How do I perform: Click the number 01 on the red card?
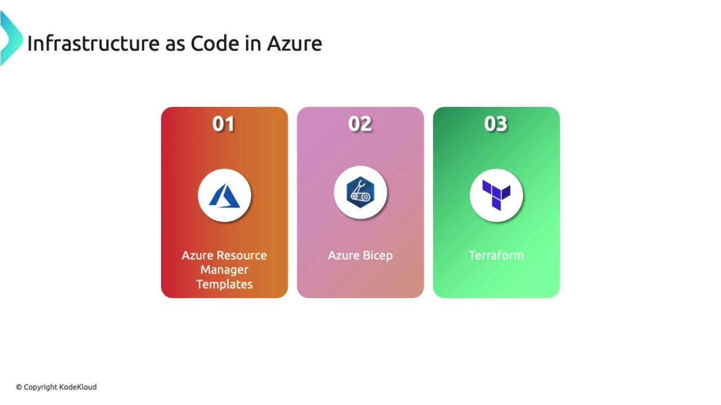224,124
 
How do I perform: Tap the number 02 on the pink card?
360,124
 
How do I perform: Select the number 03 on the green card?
496,124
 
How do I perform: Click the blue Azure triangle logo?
224,196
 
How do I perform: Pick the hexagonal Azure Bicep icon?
360,192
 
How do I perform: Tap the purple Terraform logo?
496,195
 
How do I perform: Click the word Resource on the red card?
247,255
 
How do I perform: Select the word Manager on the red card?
224,270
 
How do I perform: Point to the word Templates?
224,285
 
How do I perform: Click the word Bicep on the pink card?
377,256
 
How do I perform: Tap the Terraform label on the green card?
496,255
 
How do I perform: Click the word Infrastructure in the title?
94,43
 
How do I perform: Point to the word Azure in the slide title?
295,44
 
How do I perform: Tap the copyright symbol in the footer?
19,388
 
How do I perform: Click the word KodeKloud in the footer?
78,387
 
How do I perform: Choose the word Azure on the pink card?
344,255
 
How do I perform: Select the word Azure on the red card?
202,255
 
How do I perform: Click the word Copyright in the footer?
41,388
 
